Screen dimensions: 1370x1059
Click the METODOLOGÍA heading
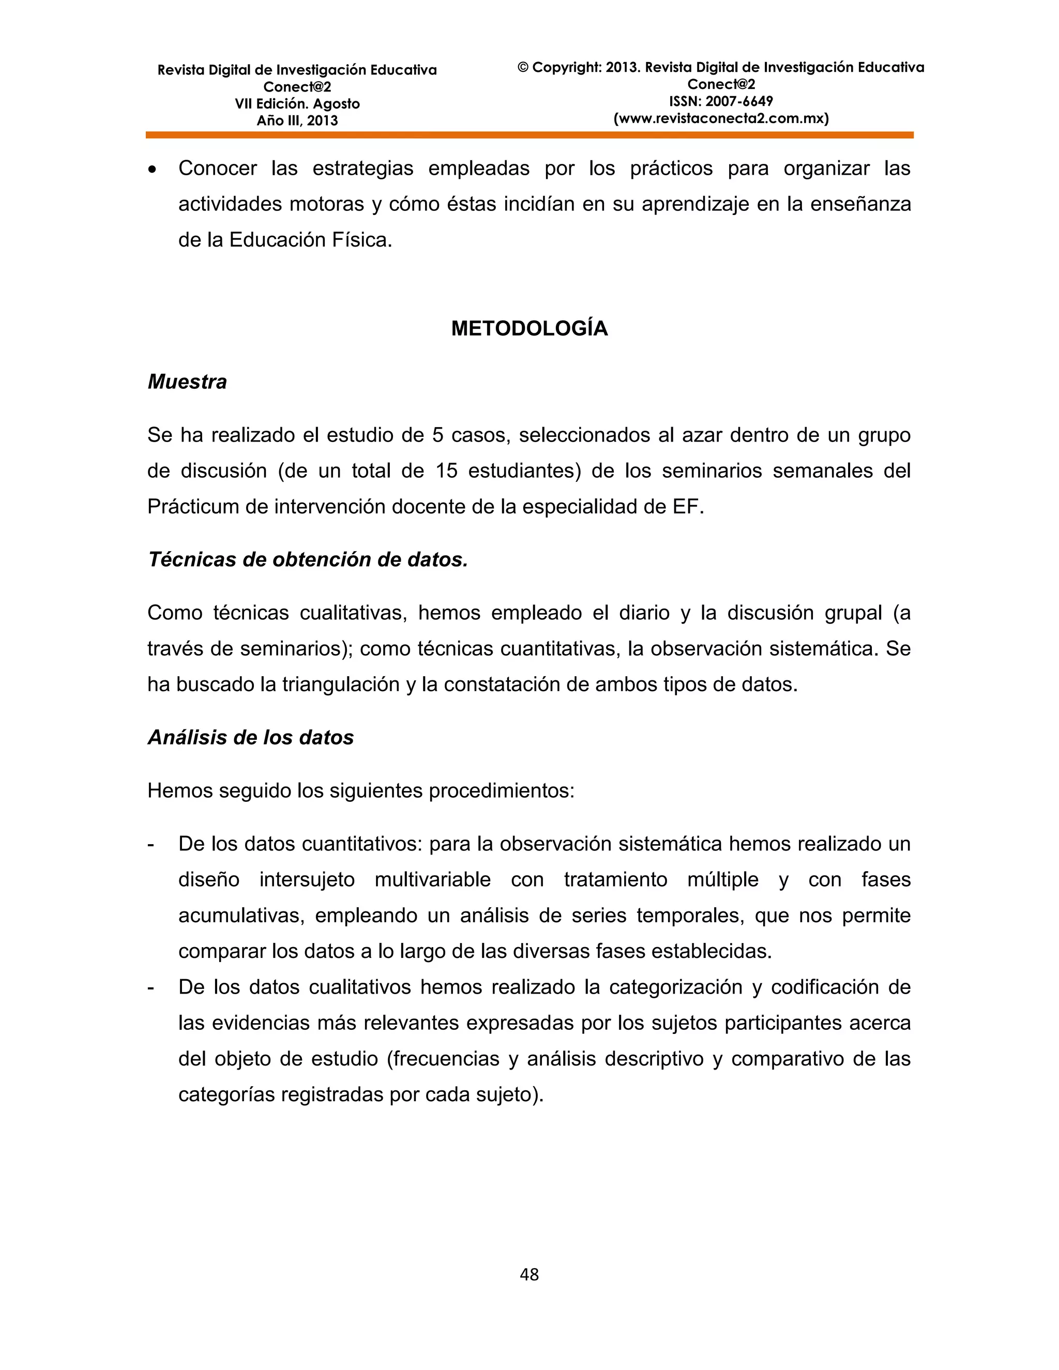tap(529, 329)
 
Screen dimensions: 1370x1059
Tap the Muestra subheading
tap(187, 382)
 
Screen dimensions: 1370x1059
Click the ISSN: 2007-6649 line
tap(720, 101)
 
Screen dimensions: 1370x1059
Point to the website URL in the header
tap(720, 118)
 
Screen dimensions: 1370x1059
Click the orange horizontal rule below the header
tap(529, 135)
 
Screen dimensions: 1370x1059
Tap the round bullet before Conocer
tap(152, 170)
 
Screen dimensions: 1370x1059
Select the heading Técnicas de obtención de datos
tap(308, 559)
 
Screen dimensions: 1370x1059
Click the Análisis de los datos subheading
tap(250, 737)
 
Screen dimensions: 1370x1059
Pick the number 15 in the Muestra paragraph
tap(447, 471)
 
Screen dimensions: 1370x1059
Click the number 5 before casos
tap(437, 435)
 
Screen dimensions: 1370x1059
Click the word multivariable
tap(432, 879)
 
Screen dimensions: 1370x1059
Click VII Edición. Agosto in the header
tap(297, 104)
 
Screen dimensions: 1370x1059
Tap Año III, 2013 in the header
tap(297, 121)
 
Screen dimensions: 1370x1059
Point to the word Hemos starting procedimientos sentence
tap(180, 791)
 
